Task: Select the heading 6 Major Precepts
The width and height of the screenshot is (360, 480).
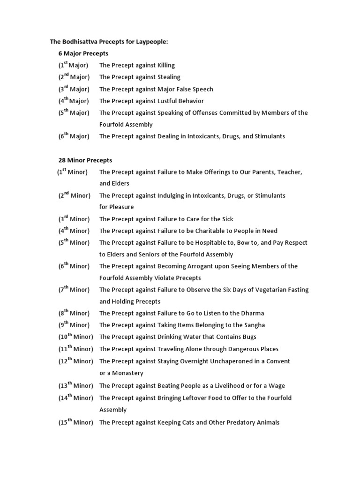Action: [x=83, y=53]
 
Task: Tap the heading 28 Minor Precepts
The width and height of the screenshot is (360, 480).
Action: [x=85, y=160]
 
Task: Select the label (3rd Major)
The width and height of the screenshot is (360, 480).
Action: [x=74, y=89]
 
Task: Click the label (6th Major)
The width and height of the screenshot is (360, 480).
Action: [x=74, y=136]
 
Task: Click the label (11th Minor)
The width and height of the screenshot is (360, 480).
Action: [x=75, y=349]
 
